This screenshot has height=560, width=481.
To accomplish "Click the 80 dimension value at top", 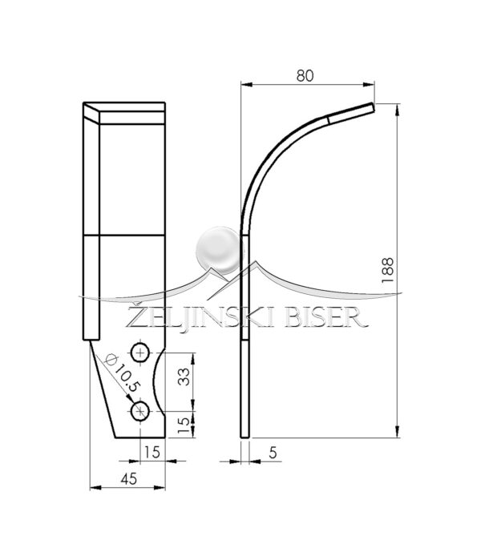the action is (x=305, y=76).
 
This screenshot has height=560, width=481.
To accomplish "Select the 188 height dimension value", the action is (x=387, y=270).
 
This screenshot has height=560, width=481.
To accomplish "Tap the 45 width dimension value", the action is (x=128, y=479).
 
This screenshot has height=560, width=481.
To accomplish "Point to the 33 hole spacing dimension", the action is (x=184, y=377).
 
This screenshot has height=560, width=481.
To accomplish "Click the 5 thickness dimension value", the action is (x=273, y=453).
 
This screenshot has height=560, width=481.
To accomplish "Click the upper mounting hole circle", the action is (x=140, y=353).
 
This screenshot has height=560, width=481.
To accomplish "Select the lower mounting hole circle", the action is (x=140, y=412).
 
